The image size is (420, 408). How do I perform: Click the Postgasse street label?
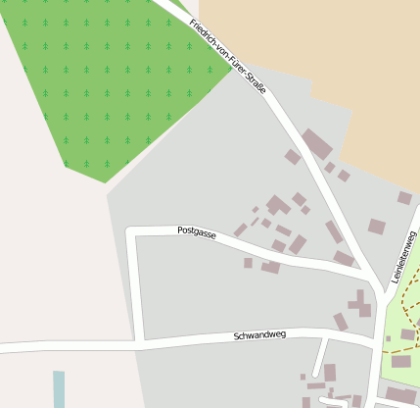[197, 232]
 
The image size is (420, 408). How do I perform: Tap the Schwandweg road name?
[259, 335]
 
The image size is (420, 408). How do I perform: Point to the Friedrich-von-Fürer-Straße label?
[227, 56]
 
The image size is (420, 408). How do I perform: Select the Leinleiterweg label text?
[403, 256]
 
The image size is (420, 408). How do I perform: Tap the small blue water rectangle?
[59, 388]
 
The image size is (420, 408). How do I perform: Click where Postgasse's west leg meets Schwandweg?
[142, 343]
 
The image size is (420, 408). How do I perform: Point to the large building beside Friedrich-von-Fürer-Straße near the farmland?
[316, 144]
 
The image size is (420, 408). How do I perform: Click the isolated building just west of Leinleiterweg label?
[377, 227]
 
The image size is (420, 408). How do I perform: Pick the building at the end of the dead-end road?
[330, 373]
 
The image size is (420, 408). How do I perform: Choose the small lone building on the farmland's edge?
[404, 198]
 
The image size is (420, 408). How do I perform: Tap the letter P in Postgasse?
[180, 229]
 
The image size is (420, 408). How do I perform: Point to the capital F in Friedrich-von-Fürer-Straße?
[193, 22]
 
